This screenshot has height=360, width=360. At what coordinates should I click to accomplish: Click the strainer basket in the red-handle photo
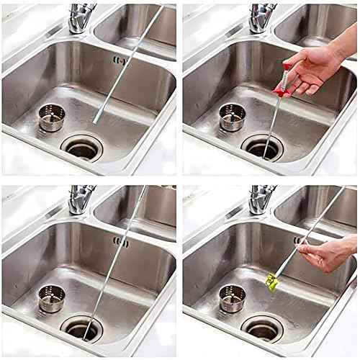pyautogui.click(x=232, y=117)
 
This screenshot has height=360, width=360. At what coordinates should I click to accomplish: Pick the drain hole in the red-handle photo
pyautogui.click(x=262, y=148)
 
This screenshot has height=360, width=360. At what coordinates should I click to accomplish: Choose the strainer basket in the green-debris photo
pyautogui.click(x=232, y=297)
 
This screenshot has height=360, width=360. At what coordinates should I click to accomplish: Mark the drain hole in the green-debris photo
pyautogui.click(x=262, y=328)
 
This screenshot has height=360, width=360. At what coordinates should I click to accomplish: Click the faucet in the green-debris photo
pyautogui.click(x=261, y=197)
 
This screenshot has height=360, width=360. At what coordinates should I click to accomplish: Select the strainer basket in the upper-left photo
pyautogui.click(x=51, y=117)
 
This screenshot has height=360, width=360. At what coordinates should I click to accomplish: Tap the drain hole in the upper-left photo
pyautogui.click(x=81, y=148)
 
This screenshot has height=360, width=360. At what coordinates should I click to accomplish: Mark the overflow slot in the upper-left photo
pyautogui.click(x=120, y=60)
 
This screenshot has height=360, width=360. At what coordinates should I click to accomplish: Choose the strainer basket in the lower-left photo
pyautogui.click(x=51, y=297)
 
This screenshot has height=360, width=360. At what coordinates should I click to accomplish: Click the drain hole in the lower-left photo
pyautogui.click(x=81, y=328)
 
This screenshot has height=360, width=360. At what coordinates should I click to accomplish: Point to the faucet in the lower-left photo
pyautogui.click(x=80, y=197)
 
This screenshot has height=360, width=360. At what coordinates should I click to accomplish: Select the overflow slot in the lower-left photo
pyautogui.click(x=120, y=242)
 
